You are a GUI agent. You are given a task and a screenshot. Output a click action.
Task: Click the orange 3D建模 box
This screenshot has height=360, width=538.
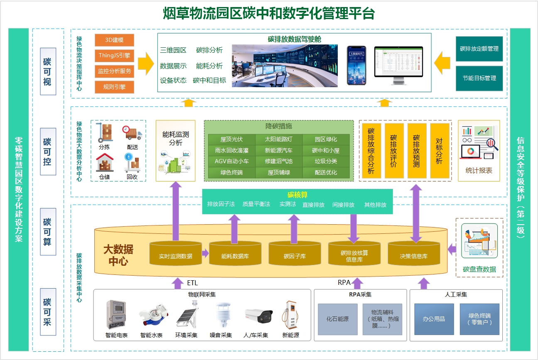click(114, 40)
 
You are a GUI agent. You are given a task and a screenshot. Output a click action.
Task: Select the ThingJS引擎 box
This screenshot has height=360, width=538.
click(114, 55)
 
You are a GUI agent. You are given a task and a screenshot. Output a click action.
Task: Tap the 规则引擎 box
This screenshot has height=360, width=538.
click(114, 87)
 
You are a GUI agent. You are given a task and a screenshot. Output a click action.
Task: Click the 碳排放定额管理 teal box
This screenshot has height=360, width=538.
click(479, 49)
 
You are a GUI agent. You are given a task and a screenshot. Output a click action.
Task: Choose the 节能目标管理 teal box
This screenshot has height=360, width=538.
click(479, 78)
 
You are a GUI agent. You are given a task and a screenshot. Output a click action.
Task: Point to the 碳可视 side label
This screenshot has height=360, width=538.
click(48, 71)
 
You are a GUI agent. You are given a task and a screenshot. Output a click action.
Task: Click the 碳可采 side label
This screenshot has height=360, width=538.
click(48, 312)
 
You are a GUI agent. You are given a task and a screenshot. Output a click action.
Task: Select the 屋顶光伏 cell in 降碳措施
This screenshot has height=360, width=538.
click(231, 140)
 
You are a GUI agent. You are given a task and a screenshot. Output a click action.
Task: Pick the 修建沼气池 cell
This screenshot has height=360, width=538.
click(278, 162)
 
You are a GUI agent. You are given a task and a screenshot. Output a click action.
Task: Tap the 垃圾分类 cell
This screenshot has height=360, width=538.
click(326, 162)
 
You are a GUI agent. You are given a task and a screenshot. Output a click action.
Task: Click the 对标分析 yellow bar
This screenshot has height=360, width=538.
click(440, 151)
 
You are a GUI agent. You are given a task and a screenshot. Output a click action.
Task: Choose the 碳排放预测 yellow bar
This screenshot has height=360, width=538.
click(417, 151)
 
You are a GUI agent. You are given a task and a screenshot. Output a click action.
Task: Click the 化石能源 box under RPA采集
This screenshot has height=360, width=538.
click(337, 319)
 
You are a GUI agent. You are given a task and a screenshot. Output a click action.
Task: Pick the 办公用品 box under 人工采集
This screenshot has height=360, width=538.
click(434, 319)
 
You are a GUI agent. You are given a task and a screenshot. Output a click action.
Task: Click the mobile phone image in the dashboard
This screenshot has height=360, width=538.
click(356, 65)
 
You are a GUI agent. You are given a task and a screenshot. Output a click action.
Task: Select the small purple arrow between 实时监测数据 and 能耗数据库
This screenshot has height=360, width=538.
click(205, 253)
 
